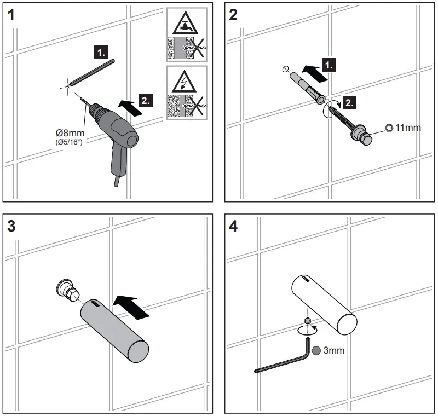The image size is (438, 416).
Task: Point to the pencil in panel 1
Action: pos(91,71)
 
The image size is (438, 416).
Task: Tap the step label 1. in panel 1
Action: pos(102,53)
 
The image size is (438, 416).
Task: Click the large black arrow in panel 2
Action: pos(316,72)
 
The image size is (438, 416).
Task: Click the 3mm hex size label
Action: pos(333,350)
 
